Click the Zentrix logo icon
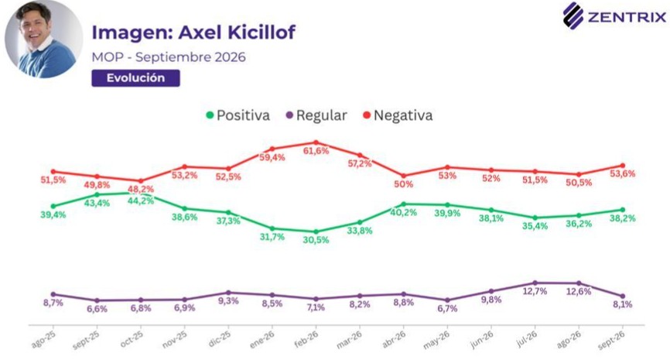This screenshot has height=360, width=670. click(x=573, y=15)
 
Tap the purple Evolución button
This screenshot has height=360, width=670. click(x=135, y=78)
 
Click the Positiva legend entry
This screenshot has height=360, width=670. click(x=238, y=115)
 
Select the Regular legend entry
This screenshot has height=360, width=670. click(x=316, y=115)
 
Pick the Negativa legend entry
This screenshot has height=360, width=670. click(x=398, y=115)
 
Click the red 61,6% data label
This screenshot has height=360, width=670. click(x=316, y=151)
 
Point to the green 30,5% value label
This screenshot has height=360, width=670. click(x=316, y=240)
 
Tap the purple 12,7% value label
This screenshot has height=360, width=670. click(x=535, y=291)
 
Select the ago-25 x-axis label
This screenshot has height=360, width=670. click(x=44, y=340)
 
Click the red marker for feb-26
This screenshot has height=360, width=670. click(x=316, y=142)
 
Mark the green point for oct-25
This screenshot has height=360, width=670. click(x=141, y=193)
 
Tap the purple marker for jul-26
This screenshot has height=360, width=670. click(x=535, y=283)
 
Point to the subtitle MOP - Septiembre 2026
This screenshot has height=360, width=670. click(x=169, y=57)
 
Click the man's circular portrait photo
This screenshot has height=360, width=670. click(x=44, y=39)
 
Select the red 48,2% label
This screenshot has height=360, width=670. click(x=141, y=189)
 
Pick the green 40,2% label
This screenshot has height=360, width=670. click(x=403, y=212)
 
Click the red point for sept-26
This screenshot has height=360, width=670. click(x=623, y=166)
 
